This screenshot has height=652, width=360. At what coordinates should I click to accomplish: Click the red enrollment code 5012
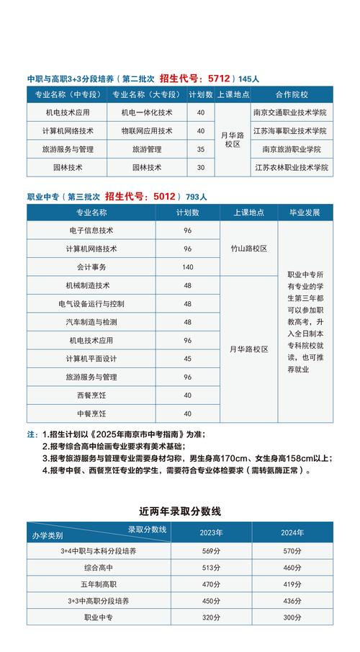coord(165,195)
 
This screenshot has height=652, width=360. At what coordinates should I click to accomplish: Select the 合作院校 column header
coord(291,94)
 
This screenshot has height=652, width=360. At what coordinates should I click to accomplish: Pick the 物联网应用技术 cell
coord(147,131)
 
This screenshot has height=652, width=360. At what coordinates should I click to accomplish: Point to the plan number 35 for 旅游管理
coord(200,149)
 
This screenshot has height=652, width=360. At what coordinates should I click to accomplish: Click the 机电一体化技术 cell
coord(147,112)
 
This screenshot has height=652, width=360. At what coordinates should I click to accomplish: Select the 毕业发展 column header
coord(305,213)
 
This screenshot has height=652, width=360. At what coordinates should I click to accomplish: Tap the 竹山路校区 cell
coord(248,249)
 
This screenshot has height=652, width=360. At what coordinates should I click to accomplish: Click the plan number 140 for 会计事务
coord(188,267)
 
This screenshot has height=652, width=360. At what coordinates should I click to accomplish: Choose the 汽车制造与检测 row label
coord(91,322)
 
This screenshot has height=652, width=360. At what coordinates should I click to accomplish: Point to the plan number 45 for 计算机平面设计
coord(188,359)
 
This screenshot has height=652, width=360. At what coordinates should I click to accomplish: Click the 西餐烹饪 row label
coord(91,396)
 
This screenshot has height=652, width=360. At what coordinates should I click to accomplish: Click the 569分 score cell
coord(211,551)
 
